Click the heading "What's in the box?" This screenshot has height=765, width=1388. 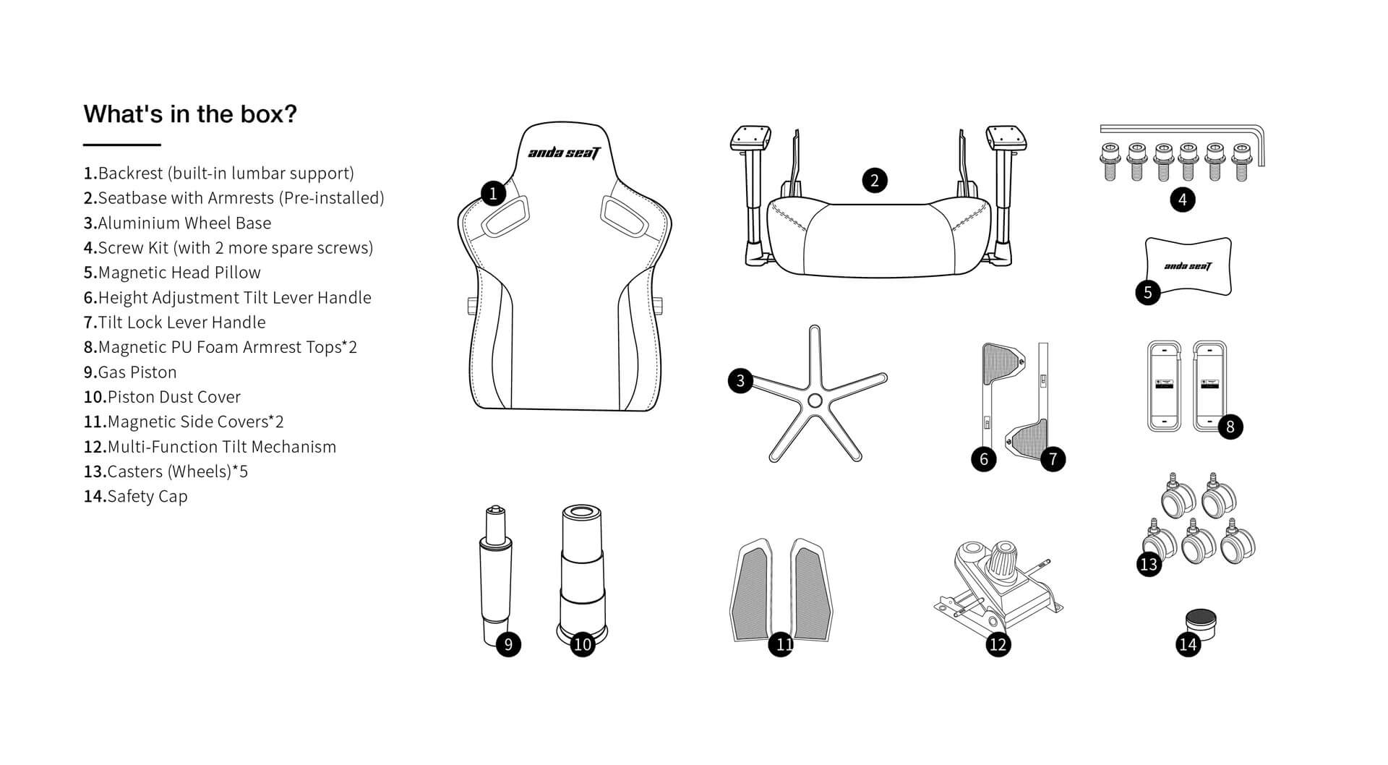190,114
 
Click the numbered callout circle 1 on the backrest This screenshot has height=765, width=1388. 493,193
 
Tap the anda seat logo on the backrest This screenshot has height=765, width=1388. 564,152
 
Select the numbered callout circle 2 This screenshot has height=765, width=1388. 875,180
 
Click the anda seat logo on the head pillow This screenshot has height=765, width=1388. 1188,266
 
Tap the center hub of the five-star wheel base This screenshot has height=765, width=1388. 815,401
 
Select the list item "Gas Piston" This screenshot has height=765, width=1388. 130,372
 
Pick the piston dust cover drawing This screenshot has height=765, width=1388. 582,572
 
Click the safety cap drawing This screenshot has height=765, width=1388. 1201,625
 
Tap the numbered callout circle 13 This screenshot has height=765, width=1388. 1149,564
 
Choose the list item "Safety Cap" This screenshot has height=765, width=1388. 136,497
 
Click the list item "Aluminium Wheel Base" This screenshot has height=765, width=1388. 177,223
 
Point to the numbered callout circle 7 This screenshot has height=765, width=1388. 1053,458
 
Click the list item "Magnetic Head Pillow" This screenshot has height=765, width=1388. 172,273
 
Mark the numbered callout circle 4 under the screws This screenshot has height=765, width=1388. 1183,200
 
